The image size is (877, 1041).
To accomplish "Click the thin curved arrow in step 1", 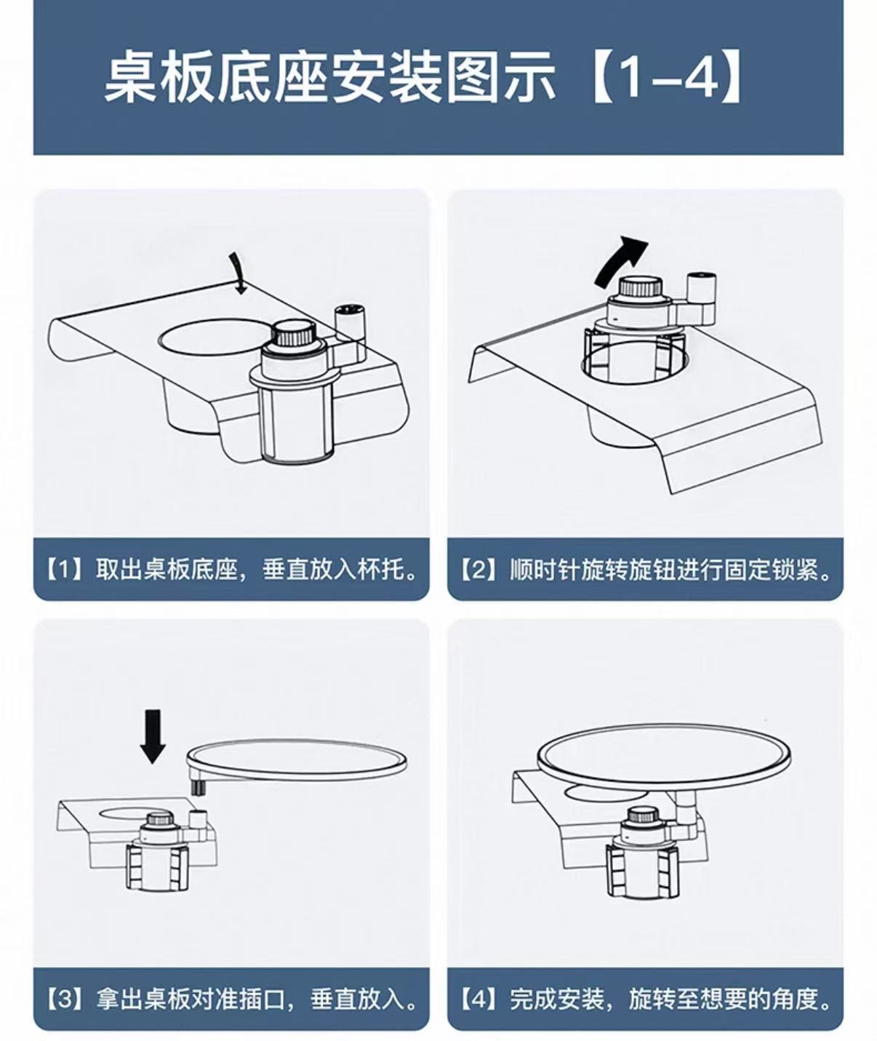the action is [237, 274].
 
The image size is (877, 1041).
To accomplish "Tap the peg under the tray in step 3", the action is [199, 789].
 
